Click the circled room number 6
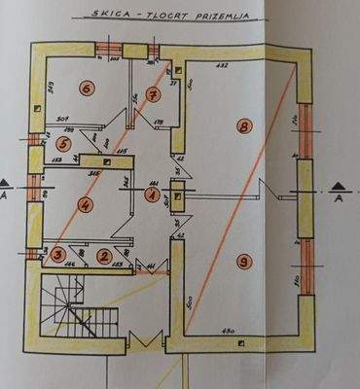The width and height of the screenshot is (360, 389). point(86,88)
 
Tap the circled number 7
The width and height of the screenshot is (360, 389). point(153,94)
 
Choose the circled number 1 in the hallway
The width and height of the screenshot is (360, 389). point(152,194)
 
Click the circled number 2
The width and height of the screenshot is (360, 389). point(104,256)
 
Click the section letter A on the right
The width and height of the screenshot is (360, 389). point(338,198)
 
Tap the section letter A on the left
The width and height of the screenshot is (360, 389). point(8,197)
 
